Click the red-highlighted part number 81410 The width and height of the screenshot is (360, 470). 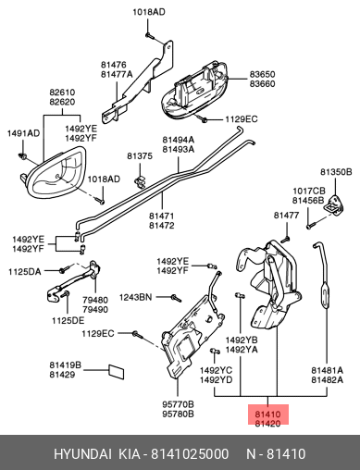(x=267, y=414)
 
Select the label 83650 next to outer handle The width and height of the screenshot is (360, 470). (x=262, y=74)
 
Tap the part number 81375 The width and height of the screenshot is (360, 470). (x=140, y=156)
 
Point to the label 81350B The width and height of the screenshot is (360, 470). (x=336, y=172)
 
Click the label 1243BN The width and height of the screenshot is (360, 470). (x=136, y=297)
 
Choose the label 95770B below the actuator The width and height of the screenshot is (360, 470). (x=179, y=404)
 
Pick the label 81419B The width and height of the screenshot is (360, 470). (x=66, y=365)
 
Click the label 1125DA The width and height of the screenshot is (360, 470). (x=25, y=272)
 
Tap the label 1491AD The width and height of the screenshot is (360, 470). (x=24, y=133)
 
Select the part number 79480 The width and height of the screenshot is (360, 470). (x=95, y=300)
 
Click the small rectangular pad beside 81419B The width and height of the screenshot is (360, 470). (x=117, y=372)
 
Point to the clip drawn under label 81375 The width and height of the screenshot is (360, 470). (x=140, y=182)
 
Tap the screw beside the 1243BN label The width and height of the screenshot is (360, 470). (x=176, y=298)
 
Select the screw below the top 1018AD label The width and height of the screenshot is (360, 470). (x=149, y=36)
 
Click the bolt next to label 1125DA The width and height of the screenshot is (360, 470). (x=63, y=270)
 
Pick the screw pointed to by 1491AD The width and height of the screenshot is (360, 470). (x=22, y=156)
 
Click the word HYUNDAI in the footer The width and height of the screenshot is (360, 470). (x=82, y=454)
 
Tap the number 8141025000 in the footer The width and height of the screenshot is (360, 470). (x=190, y=454)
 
